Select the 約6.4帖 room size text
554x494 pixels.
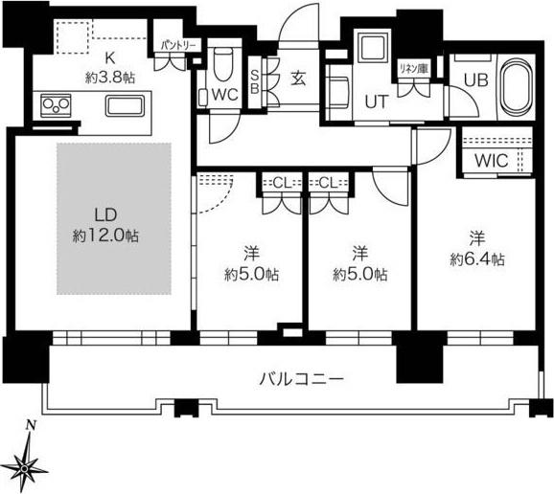[476, 259]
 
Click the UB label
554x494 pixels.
[475, 81]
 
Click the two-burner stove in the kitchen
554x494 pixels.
[53, 104]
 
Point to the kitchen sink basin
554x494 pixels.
[122, 104]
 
